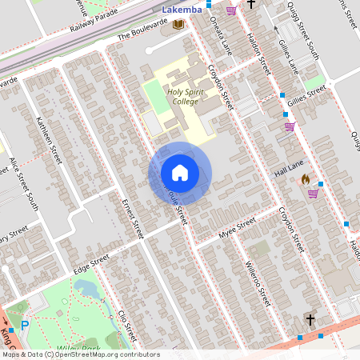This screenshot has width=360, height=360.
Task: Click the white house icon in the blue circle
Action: click(179, 173)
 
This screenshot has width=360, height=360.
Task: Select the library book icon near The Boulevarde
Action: click(178, 26)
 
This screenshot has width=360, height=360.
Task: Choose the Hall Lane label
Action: click(290, 169)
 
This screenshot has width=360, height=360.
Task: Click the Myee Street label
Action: click(237, 230)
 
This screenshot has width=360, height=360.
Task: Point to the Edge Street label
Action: click(90, 263)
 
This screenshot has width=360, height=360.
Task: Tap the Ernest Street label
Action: click(131, 217)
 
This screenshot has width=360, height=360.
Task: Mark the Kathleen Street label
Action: click(48, 141)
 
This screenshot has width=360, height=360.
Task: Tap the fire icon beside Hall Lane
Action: click(304, 180)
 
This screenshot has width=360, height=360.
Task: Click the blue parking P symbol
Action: click(25, 326)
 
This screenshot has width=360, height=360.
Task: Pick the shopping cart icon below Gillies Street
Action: click(289, 126)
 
